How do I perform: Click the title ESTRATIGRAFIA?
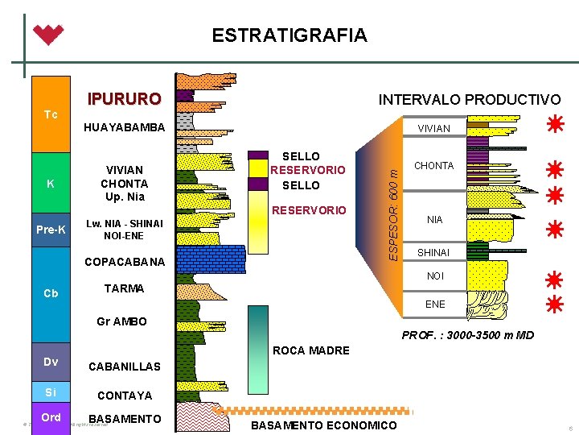(x=289, y=35)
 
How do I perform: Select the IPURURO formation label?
(x=124, y=99)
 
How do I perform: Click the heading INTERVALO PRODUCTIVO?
(x=470, y=100)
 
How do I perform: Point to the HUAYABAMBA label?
(x=124, y=127)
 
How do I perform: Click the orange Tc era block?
(x=51, y=114)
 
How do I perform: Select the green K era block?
(x=51, y=184)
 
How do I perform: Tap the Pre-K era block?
(x=51, y=230)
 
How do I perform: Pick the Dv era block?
(x=51, y=362)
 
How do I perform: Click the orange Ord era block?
(x=51, y=417)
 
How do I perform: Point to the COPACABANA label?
(x=124, y=263)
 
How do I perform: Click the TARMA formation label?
(x=124, y=288)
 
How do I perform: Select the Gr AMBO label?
(x=121, y=321)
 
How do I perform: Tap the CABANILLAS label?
(x=124, y=367)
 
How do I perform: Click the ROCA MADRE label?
(x=311, y=350)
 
